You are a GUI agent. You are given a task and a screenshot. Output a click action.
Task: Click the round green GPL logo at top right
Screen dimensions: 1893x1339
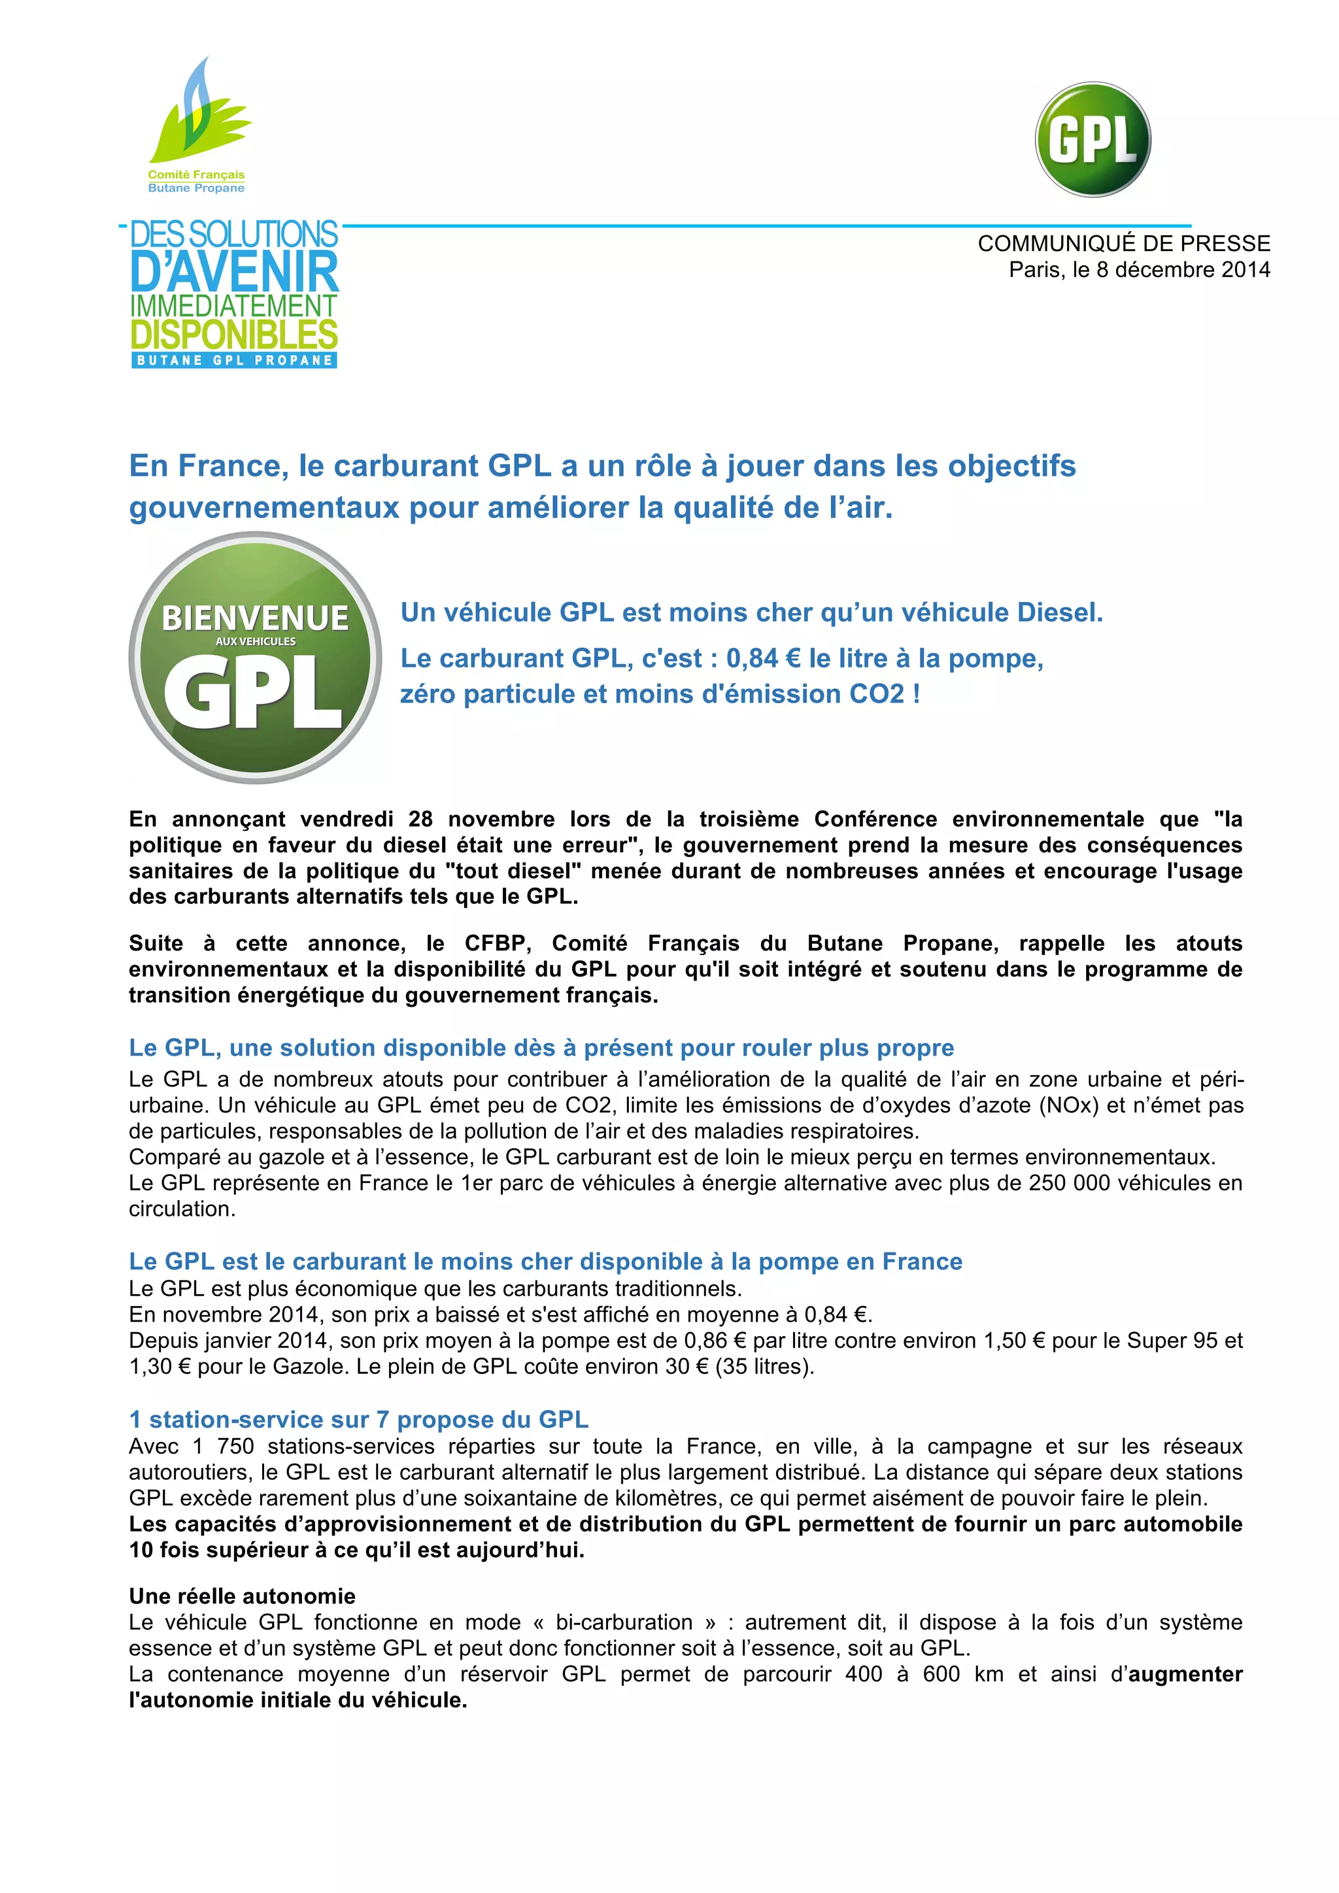[x=1093, y=139]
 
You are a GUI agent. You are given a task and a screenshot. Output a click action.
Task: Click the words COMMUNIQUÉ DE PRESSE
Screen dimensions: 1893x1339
[x=1123, y=243]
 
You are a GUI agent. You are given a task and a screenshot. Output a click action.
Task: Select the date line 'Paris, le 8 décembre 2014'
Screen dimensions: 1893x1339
[x=1139, y=269]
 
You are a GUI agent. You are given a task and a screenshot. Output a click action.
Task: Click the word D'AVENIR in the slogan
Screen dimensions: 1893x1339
[x=234, y=271]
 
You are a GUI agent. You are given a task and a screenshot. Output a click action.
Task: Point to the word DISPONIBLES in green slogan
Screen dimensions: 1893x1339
[x=234, y=335]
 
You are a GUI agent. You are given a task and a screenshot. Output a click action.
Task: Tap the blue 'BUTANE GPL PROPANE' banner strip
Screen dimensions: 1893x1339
[x=234, y=360]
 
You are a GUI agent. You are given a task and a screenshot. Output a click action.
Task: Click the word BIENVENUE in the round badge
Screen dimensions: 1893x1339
[x=255, y=618]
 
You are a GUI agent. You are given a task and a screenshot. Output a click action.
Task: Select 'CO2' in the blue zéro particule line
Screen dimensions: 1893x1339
[x=877, y=694]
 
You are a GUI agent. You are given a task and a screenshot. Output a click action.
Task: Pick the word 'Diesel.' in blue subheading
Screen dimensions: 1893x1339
[x=1059, y=612]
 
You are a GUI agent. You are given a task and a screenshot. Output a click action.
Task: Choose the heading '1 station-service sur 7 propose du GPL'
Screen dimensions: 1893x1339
[x=359, y=1419]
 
